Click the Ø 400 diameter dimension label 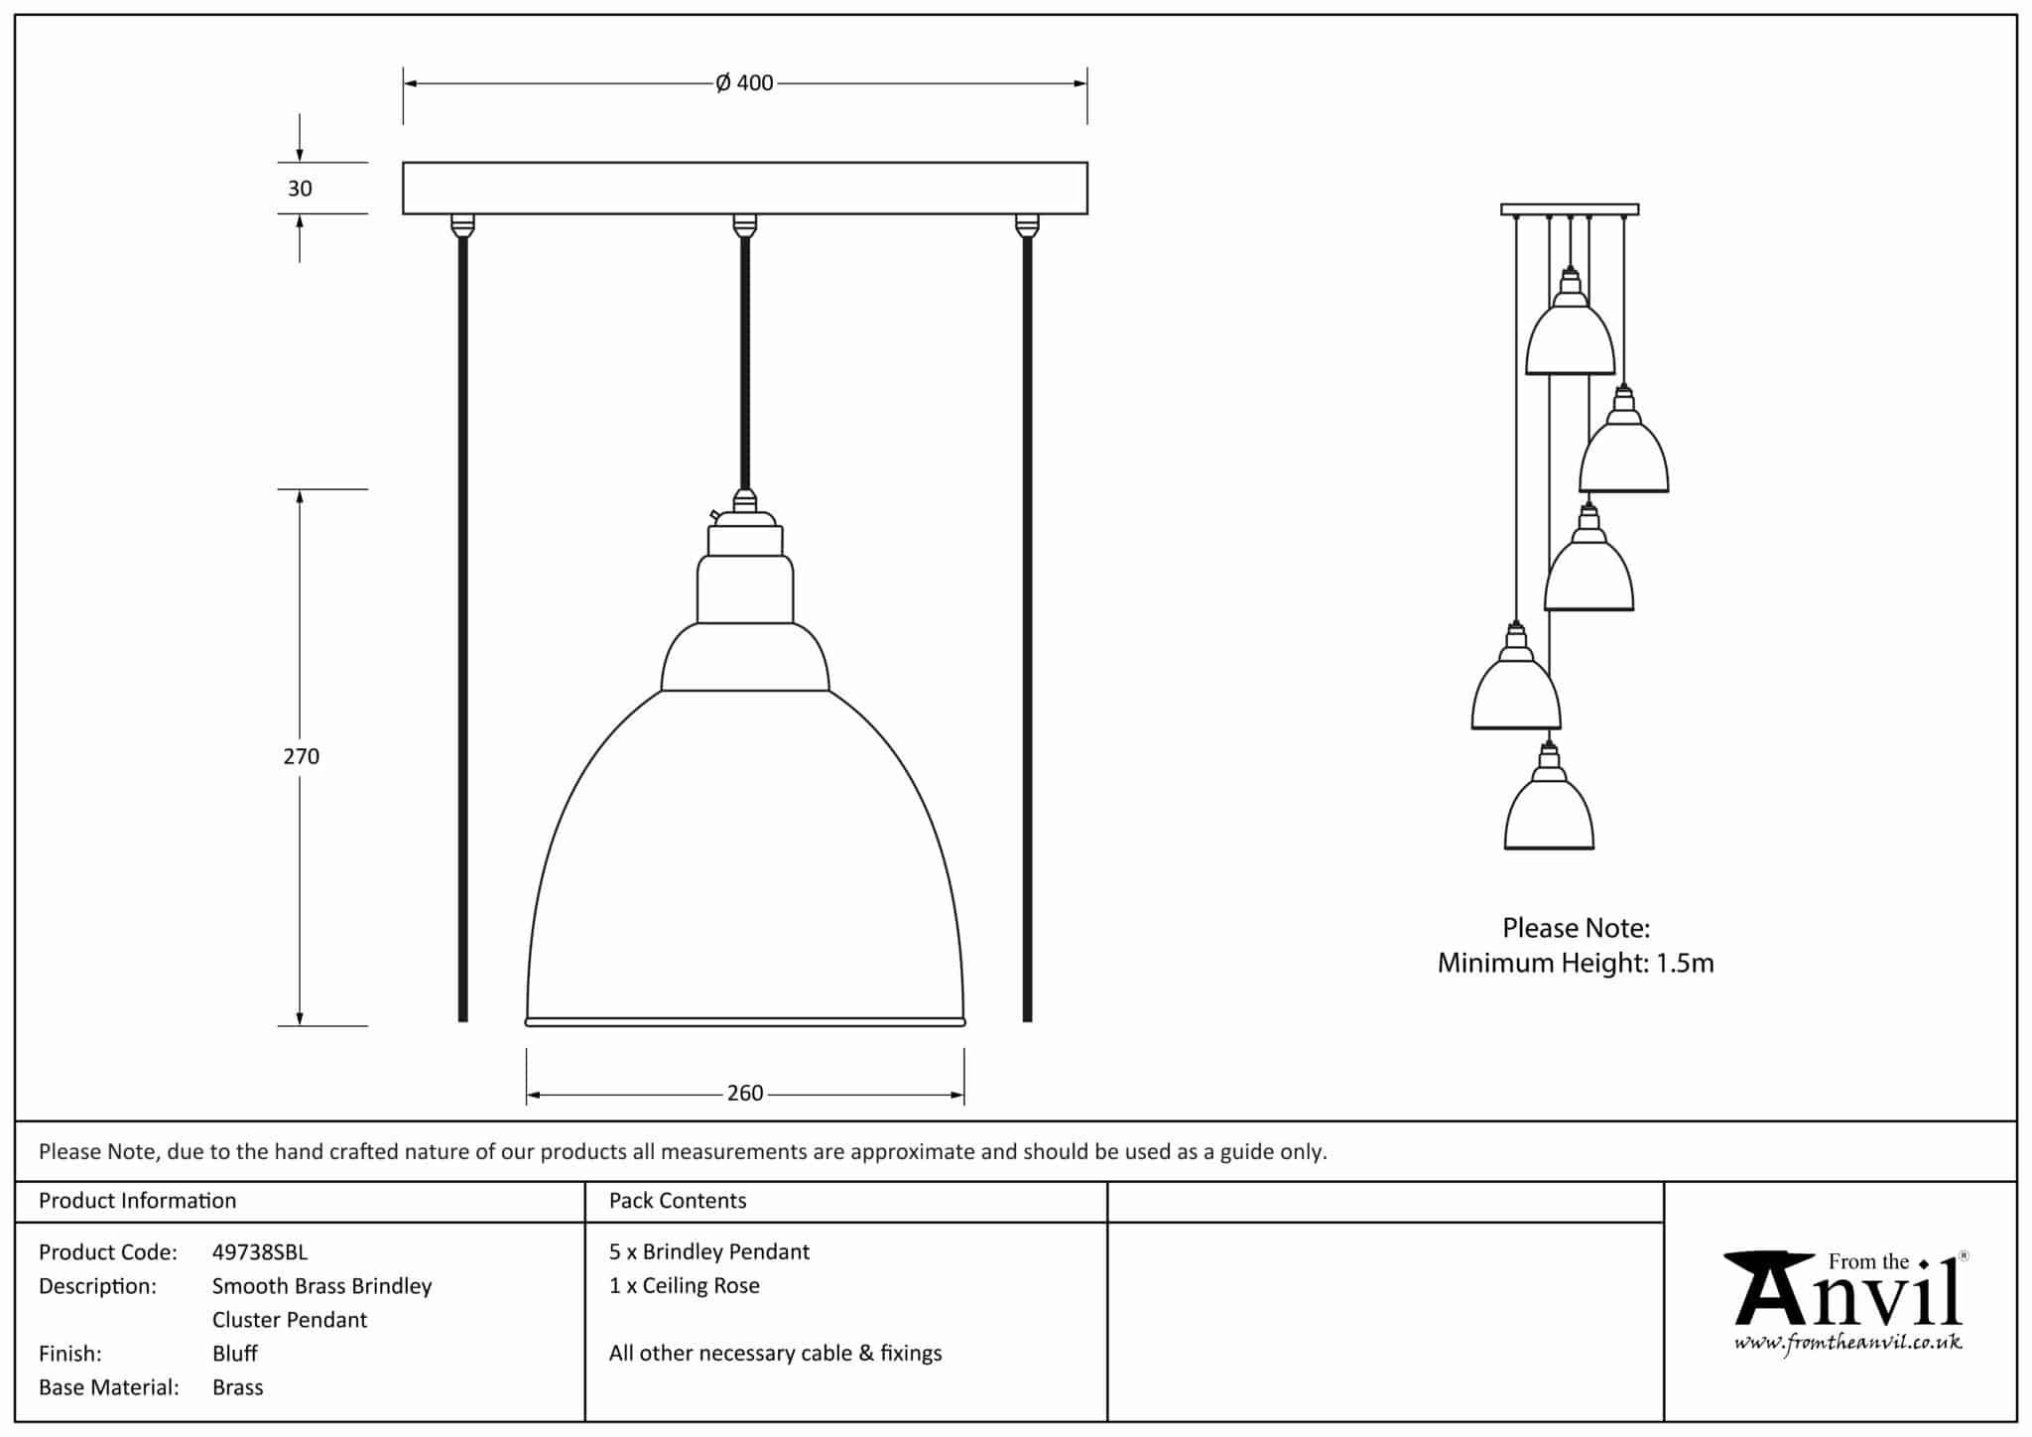pyautogui.click(x=744, y=83)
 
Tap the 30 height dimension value pyautogui.click(x=300, y=189)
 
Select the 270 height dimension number pyautogui.click(x=301, y=756)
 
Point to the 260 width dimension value pyautogui.click(x=745, y=1094)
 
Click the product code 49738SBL pyautogui.click(x=260, y=1252)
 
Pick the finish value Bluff pyautogui.click(x=235, y=1354)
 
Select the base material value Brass pyautogui.click(x=238, y=1387)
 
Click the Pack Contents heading pyautogui.click(x=678, y=1201)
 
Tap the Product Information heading pyautogui.click(x=138, y=1201)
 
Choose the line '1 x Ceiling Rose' pyautogui.click(x=685, y=1286)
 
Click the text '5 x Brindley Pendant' pyautogui.click(x=709, y=1252)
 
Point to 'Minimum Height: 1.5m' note pyautogui.click(x=1576, y=963)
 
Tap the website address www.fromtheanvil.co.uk pyautogui.click(x=1847, y=1344)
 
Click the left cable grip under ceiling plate pyautogui.click(x=462, y=226)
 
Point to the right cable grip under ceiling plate pyautogui.click(x=1027, y=226)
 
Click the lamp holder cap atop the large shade pyautogui.click(x=745, y=534)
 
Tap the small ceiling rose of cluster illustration pyautogui.click(x=1570, y=209)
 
